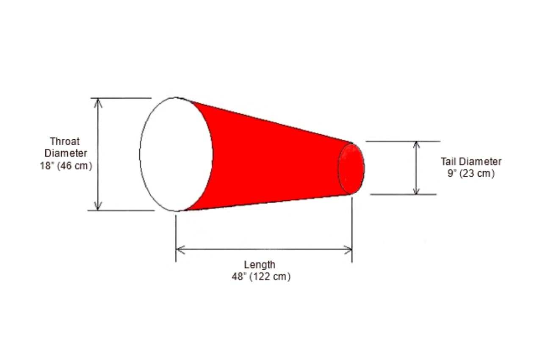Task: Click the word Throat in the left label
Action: tap(65, 141)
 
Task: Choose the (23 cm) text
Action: tap(478, 174)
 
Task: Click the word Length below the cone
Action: tap(259, 265)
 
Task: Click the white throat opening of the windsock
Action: tap(176, 154)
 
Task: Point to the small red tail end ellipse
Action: tap(351, 168)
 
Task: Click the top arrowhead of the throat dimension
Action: tap(98, 102)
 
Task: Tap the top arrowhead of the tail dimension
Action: tap(416, 145)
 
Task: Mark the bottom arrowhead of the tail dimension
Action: tap(416, 191)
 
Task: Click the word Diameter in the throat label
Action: tap(66, 153)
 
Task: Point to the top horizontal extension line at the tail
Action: tap(402, 141)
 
